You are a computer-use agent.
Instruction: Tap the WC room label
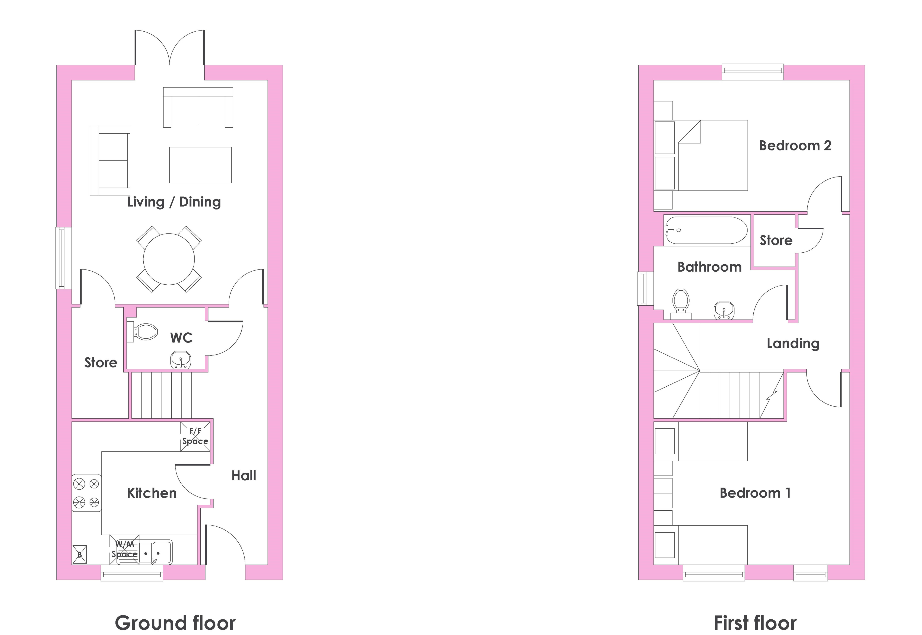click(181, 338)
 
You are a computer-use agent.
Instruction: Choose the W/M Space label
click(125, 549)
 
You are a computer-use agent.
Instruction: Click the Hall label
click(244, 475)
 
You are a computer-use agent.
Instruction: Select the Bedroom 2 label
click(795, 146)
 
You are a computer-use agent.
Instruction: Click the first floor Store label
click(776, 240)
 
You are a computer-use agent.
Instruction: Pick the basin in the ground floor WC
click(181, 360)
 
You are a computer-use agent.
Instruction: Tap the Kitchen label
click(152, 493)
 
